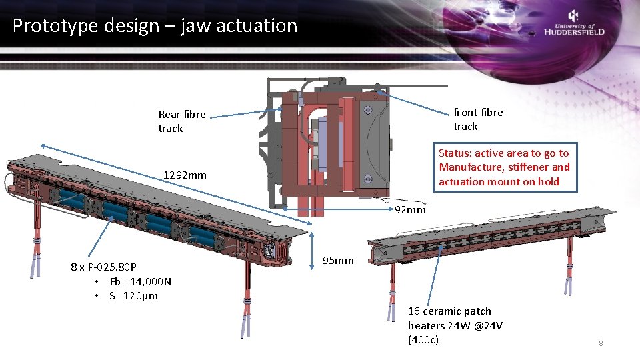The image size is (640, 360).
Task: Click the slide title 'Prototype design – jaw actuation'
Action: coord(155,26)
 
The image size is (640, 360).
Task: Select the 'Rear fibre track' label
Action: coord(182,121)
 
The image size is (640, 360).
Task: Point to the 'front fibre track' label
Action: coord(478,119)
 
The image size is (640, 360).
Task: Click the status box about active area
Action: coord(504,167)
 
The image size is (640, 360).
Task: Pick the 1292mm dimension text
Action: coord(185,175)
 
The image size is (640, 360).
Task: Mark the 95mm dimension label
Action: coord(338,260)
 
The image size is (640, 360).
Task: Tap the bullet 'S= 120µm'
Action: coord(133,295)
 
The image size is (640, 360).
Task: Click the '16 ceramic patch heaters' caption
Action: coord(455,325)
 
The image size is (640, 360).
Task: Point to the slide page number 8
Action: coord(600,343)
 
